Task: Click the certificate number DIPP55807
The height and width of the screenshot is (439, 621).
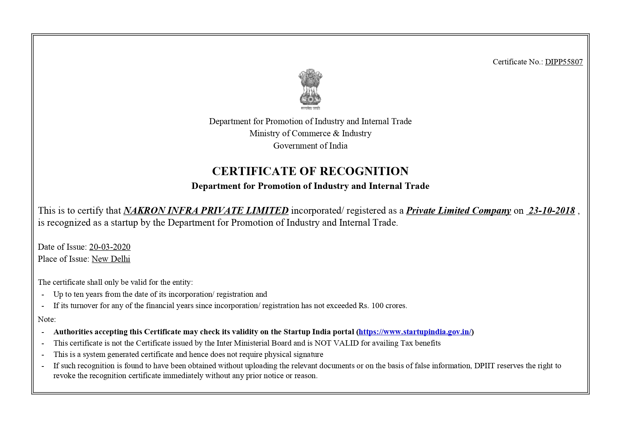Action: pyautogui.click(x=564, y=62)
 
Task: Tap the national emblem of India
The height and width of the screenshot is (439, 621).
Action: pyautogui.click(x=310, y=89)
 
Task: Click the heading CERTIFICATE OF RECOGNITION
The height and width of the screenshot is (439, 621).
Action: pyautogui.click(x=310, y=171)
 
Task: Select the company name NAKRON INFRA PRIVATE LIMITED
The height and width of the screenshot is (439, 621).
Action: pyautogui.click(x=206, y=211)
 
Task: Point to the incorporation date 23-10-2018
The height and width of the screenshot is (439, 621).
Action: pyautogui.click(x=551, y=211)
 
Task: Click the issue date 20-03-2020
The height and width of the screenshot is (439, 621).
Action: pyautogui.click(x=110, y=247)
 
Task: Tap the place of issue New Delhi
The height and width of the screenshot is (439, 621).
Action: pyautogui.click(x=111, y=259)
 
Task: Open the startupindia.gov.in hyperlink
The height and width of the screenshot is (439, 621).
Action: pyautogui.click(x=415, y=332)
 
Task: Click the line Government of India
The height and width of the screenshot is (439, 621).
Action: pyautogui.click(x=310, y=146)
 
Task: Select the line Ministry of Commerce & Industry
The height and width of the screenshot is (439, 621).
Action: pyautogui.click(x=310, y=133)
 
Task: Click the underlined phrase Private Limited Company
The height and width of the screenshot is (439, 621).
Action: pyautogui.click(x=458, y=211)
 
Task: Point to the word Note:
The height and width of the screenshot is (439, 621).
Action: pyautogui.click(x=47, y=319)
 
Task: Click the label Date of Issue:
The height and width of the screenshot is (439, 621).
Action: pyautogui.click(x=62, y=247)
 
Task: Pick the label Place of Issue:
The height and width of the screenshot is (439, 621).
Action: pyautogui.click(x=63, y=259)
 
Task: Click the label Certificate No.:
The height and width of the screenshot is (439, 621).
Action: pyautogui.click(x=518, y=62)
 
